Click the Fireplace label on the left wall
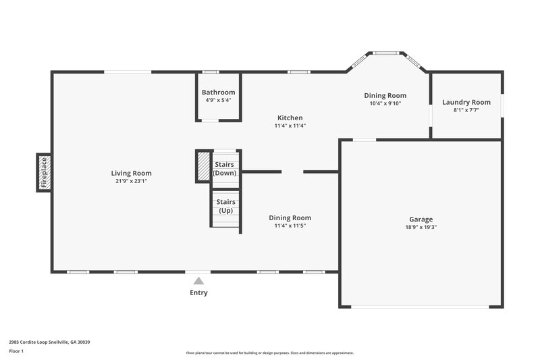(x=44, y=172)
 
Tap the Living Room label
(x=132, y=173)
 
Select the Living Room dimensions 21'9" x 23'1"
(x=132, y=181)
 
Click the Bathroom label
(x=219, y=93)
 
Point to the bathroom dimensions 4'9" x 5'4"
(x=219, y=100)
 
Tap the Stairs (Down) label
(x=224, y=169)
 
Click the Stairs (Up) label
(x=224, y=206)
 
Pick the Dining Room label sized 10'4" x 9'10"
(x=385, y=95)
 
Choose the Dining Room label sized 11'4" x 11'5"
(x=290, y=217)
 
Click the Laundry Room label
(x=466, y=102)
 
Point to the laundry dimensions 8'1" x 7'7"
(x=466, y=110)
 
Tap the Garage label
(x=421, y=219)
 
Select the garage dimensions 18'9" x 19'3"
(x=421, y=227)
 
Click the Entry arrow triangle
(x=198, y=281)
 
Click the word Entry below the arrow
(x=198, y=292)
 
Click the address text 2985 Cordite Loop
(x=34, y=342)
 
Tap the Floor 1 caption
(x=16, y=351)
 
